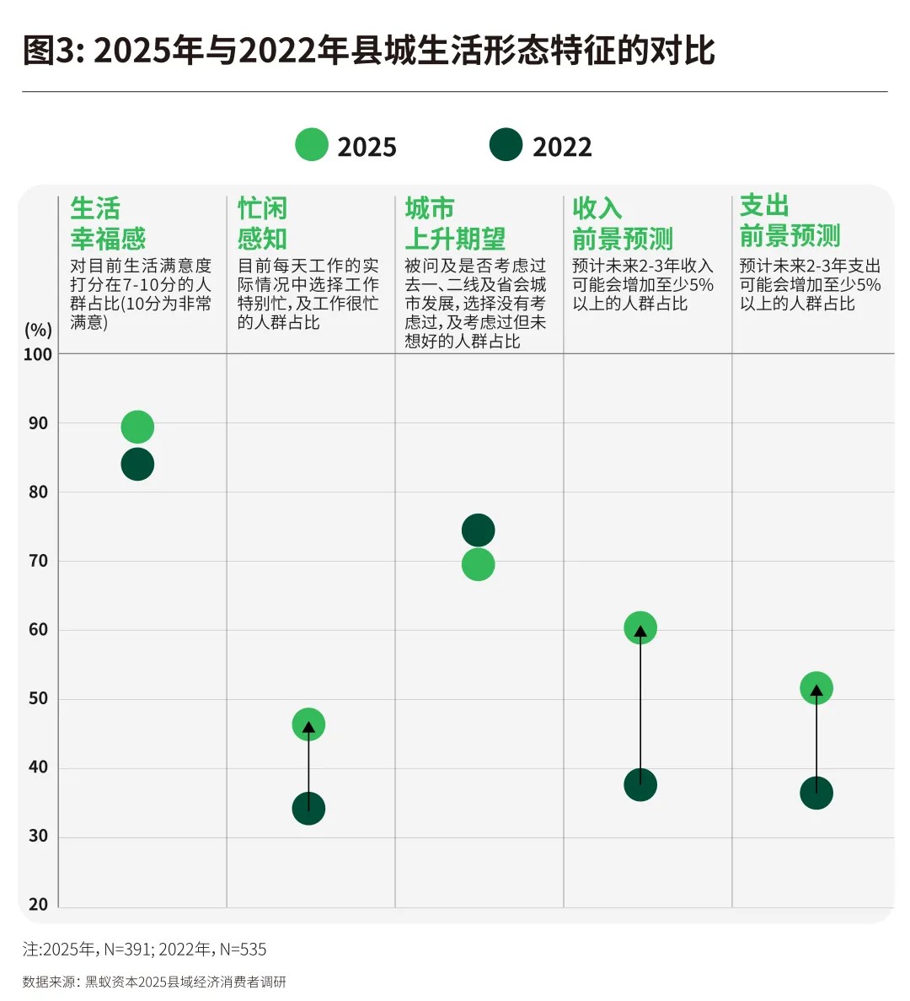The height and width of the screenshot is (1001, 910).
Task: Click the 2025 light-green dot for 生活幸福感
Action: point(137,428)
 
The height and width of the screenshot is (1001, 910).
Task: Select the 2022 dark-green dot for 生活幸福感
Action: point(137,464)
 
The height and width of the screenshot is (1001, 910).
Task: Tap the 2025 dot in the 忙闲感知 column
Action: point(308,724)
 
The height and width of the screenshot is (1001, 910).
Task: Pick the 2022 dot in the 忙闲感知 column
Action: point(308,809)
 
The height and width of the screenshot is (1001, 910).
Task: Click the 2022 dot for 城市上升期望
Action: point(478,530)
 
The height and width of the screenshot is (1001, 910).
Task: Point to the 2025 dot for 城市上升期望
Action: point(478,565)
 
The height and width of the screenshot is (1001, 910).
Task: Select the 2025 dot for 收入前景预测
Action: point(640,627)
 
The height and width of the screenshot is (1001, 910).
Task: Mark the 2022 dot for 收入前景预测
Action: point(640,785)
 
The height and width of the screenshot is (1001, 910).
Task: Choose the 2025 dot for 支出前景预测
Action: point(816,688)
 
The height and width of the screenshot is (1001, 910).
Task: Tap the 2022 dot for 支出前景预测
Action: point(816,793)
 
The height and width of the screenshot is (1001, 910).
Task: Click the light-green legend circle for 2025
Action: point(312,145)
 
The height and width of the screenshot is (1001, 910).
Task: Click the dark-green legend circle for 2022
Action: point(506,145)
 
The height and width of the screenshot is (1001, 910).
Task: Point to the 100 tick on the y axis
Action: point(38,355)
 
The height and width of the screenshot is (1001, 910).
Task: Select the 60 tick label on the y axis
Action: point(38,630)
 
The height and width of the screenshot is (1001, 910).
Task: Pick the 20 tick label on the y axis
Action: point(38,905)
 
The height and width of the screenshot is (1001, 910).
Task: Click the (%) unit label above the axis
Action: point(38,330)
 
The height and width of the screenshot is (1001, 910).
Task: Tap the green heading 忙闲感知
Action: point(262,223)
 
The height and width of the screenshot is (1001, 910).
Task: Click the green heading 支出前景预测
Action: point(790,221)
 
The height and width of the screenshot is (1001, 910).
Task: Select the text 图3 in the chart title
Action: point(50,51)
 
